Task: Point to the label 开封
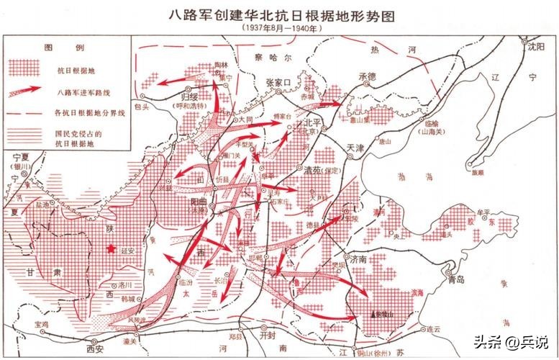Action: point(268,336)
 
